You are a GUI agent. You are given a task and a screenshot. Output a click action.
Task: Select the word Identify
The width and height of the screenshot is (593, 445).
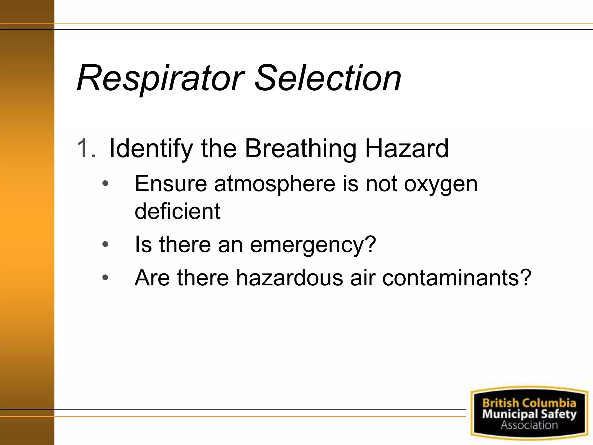click(151, 149)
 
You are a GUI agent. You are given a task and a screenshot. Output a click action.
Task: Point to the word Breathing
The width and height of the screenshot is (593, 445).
click(301, 149)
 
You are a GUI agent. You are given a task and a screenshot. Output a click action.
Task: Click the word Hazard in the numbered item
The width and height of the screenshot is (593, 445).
click(407, 148)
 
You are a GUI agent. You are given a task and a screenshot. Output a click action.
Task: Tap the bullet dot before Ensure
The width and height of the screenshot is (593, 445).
click(105, 184)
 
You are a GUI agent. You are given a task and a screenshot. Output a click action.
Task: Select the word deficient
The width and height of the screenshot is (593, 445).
click(177, 211)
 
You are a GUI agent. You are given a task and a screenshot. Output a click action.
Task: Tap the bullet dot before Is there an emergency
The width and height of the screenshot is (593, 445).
click(105, 245)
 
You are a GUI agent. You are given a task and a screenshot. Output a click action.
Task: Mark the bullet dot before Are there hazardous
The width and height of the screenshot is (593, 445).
click(105, 278)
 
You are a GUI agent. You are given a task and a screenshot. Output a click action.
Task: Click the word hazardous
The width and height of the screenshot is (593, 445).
click(289, 278)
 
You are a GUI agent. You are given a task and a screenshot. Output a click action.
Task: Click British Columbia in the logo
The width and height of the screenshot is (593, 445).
click(529, 403)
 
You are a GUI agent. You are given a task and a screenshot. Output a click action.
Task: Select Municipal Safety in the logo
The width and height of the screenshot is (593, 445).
click(529, 414)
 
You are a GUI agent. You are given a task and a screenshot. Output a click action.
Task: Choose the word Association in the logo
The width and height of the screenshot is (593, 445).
click(529, 425)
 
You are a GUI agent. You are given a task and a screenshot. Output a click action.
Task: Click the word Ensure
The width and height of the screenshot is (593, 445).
click(171, 184)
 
